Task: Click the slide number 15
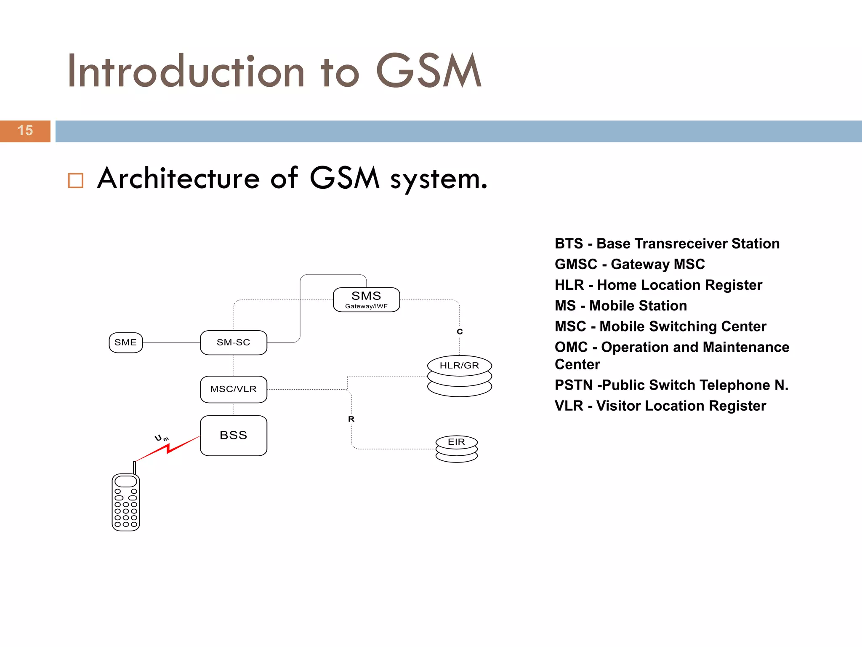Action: point(25,131)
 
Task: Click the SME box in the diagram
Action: point(125,342)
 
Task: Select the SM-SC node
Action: point(234,342)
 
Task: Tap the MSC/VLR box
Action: point(234,389)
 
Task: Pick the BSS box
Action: point(234,436)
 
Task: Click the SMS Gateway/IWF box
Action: point(366,299)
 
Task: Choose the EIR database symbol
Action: point(456,449)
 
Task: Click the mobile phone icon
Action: point(126,501)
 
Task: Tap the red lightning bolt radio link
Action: point(168,449)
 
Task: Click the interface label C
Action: point(460,332)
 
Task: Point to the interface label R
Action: point(351,419)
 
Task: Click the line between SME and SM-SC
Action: point(171,343)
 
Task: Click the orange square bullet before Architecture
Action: point(76,181)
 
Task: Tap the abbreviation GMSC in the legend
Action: point(576,264)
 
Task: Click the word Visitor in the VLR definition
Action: point(618,406)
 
